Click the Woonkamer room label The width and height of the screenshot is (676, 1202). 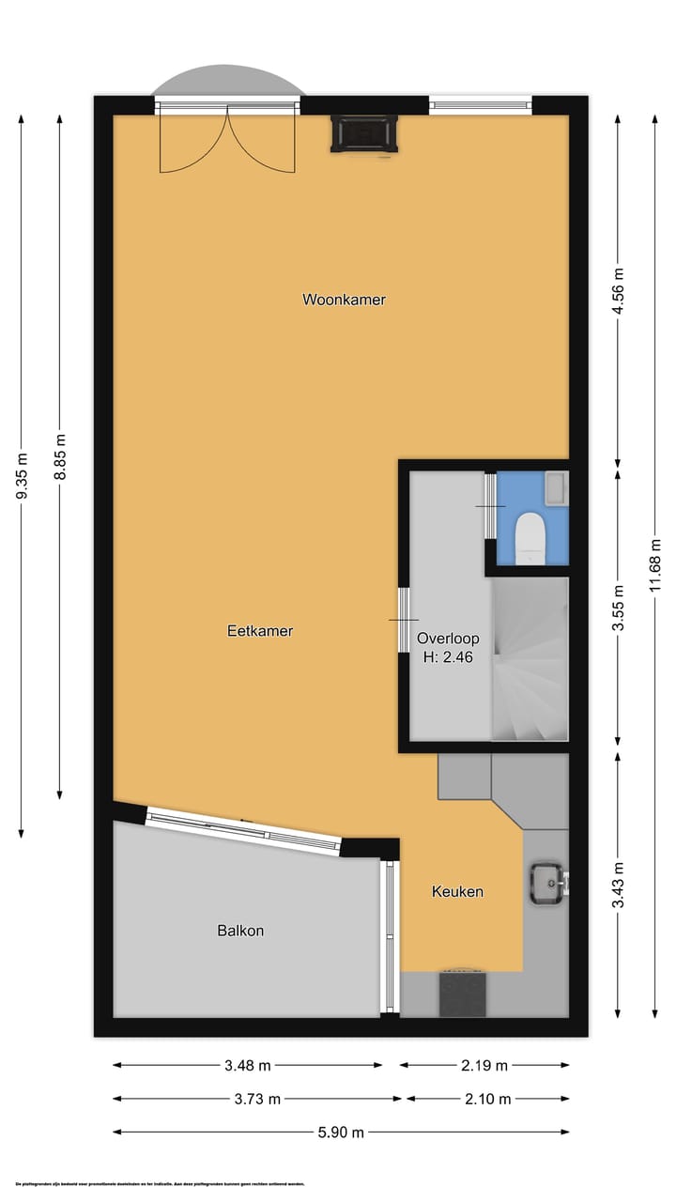click(x=344, y=300)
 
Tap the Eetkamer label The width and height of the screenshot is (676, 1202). click(x=260, y=631)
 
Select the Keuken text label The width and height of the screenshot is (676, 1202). click(x=457, y=891)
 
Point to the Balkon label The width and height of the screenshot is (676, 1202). click(x=240, y=931)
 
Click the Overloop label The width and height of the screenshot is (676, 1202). click(x=447, y=639)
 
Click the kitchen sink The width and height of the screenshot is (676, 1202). click(x=546, y=883)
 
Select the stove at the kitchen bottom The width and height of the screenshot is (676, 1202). click(x=463, y=994)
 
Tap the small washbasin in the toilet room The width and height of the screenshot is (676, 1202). click(x=556, y=486)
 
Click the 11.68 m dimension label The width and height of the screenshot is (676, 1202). click(x=655, y=568)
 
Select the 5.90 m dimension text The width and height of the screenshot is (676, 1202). click(x=341, y=1132)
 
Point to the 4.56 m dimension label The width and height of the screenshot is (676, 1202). click(x=618, y=294)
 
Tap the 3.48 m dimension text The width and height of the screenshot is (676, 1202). click(x=249, y=1065)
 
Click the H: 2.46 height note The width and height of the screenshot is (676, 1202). click(x=447, y=657)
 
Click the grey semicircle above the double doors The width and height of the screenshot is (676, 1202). click(x=229, y=84)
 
